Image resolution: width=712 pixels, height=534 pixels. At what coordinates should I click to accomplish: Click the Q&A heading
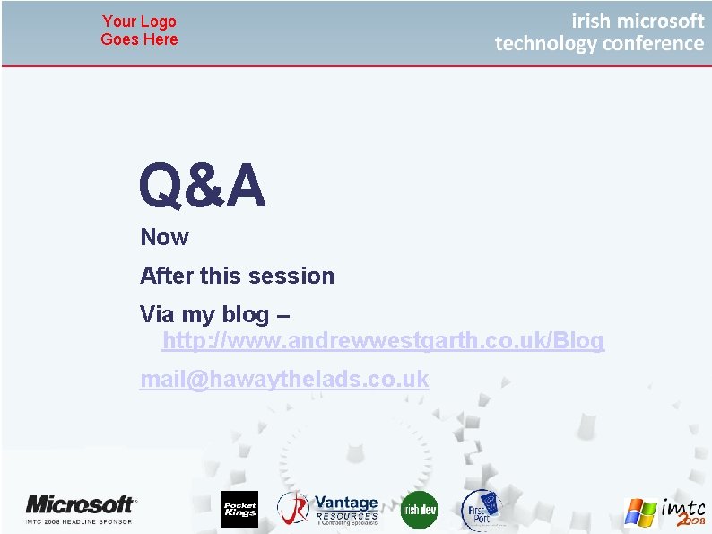203,187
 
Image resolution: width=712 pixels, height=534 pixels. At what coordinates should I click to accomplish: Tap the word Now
164,238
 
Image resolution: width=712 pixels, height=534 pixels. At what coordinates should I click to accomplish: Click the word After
168,276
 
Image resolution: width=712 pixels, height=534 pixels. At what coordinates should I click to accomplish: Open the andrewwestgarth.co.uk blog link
383,342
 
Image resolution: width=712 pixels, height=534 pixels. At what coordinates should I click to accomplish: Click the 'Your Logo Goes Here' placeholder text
139,31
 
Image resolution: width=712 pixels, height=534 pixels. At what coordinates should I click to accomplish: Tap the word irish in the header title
590,21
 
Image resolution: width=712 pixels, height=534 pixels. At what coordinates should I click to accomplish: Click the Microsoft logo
81,504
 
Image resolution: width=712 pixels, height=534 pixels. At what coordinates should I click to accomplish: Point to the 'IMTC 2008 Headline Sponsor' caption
79,521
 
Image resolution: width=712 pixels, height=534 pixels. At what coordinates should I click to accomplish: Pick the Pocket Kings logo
239,510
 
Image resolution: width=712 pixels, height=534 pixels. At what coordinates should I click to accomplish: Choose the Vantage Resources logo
328,510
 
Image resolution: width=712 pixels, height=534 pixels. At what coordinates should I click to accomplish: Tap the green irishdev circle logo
419,510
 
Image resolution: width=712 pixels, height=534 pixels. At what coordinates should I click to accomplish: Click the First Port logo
480,510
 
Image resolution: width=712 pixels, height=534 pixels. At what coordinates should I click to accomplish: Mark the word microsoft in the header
661,21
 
